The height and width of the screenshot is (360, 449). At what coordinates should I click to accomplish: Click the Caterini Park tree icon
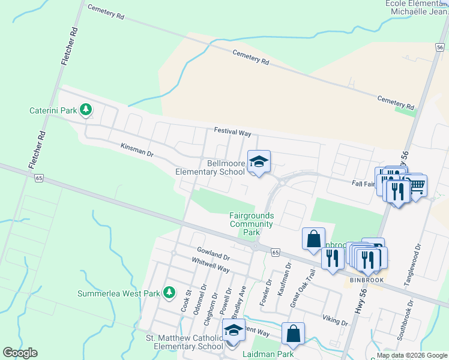[x=86, y=110]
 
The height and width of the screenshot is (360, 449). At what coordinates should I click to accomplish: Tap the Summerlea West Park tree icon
[x=169, y=292]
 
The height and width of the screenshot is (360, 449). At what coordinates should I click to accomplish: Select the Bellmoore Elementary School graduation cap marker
[x=259, y=161]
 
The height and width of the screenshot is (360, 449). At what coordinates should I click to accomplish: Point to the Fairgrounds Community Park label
[x=252, y=223]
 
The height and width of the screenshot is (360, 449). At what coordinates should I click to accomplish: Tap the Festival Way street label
[x=232, y=133]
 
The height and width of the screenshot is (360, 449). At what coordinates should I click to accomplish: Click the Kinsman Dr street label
[x=137, y=149]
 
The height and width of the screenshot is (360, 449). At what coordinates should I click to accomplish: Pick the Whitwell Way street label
[x=211, y=265]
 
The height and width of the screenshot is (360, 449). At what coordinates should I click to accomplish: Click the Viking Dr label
[x=335, y=319]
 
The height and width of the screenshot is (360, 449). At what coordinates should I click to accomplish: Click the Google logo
[x=20, y=353]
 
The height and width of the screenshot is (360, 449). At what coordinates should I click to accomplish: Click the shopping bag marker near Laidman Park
[x=293, y=334]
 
